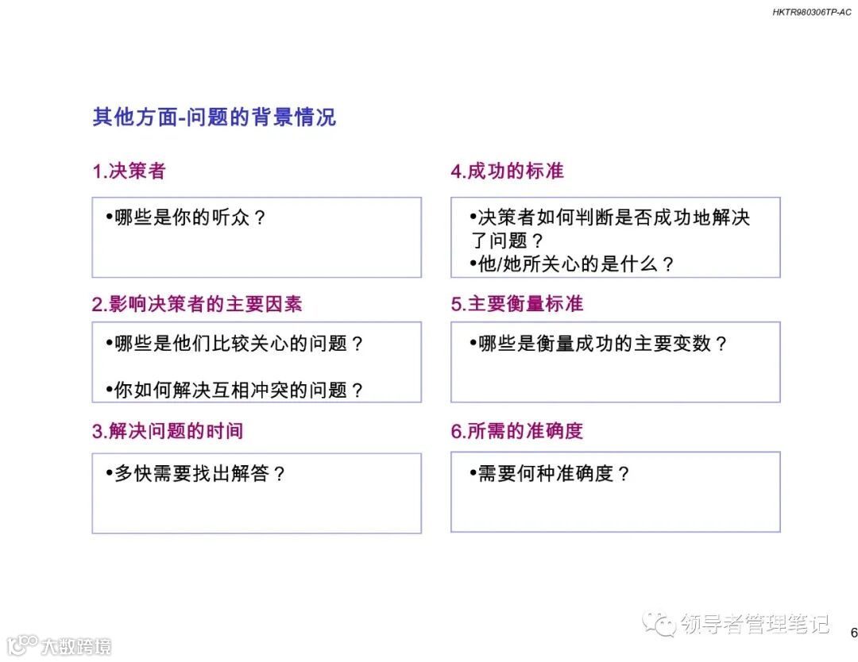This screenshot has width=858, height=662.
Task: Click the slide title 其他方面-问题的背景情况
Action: click(x=214, y=117)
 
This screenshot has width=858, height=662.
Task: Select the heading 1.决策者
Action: click(x=129, y=171)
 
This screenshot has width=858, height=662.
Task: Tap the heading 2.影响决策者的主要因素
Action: click(x=197, y=304)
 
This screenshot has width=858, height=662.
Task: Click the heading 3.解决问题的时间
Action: click(x=167, y=431)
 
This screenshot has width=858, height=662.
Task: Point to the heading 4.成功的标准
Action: click(x=507, y=171)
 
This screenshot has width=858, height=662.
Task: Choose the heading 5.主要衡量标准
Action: click(x=516, y=304)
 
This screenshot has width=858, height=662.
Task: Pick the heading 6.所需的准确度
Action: click(x=516, y=431)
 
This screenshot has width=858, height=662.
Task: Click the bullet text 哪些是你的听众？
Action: click(x=191, y=217)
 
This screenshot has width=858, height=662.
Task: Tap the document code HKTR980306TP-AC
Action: click(x=811, y=13)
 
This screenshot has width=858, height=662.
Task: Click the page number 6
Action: click(x=853, y=633)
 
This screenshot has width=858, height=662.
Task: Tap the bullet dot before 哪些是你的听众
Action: click(x=109, y=217)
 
